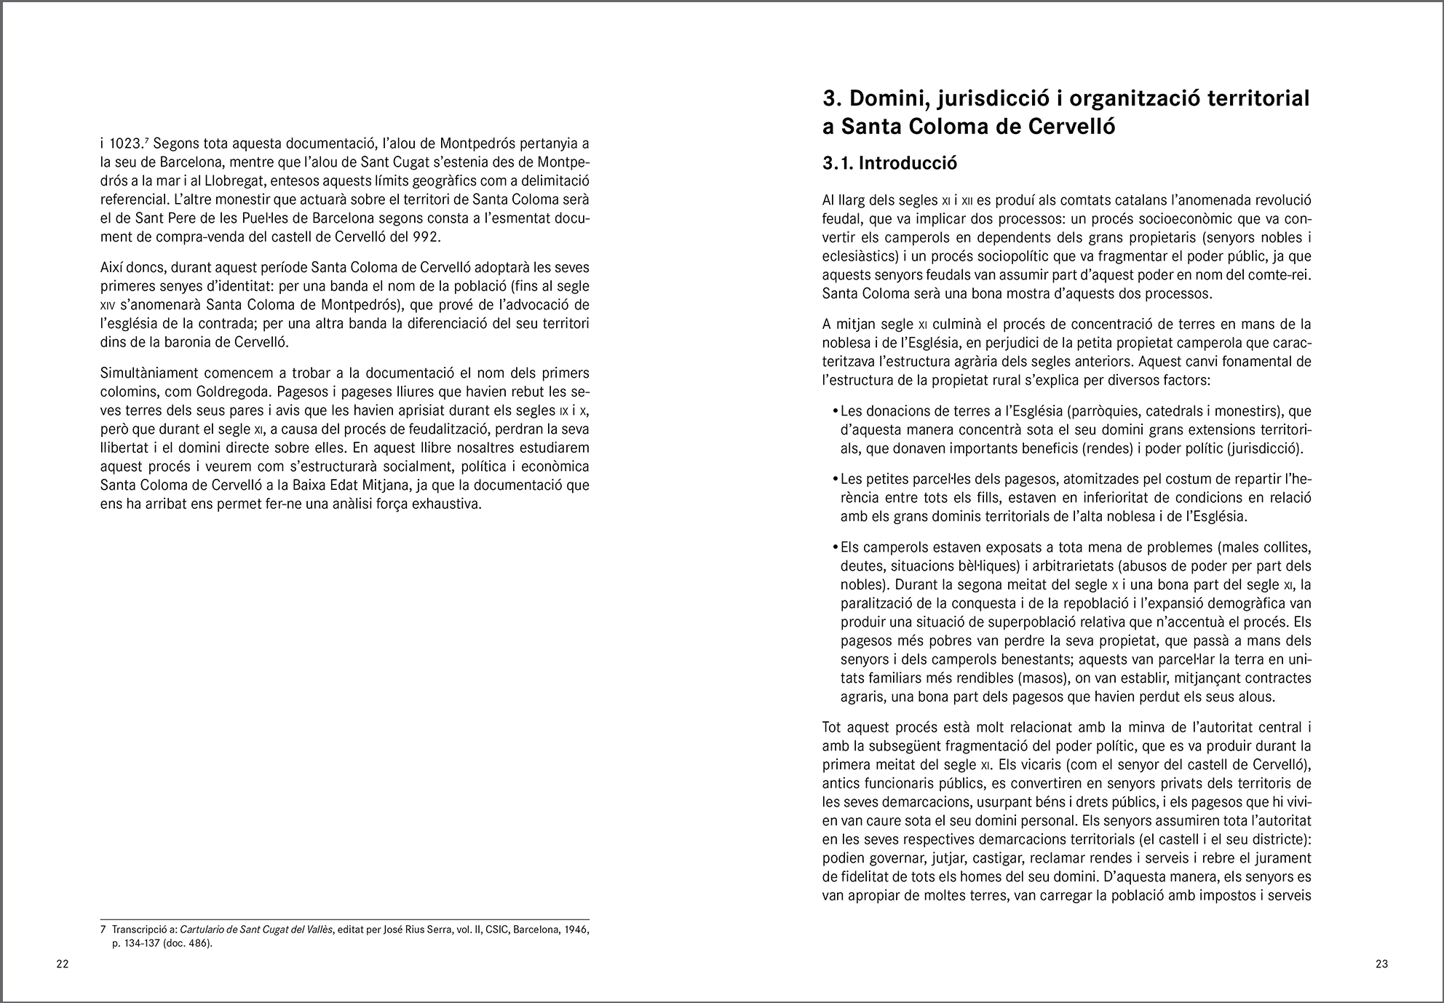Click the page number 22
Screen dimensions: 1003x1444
point(63,964)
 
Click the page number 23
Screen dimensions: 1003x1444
point(1381,964)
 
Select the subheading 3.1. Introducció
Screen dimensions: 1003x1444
point(889,163)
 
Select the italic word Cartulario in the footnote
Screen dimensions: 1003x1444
point(207,929)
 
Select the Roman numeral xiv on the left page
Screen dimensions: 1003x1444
point(108,305)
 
